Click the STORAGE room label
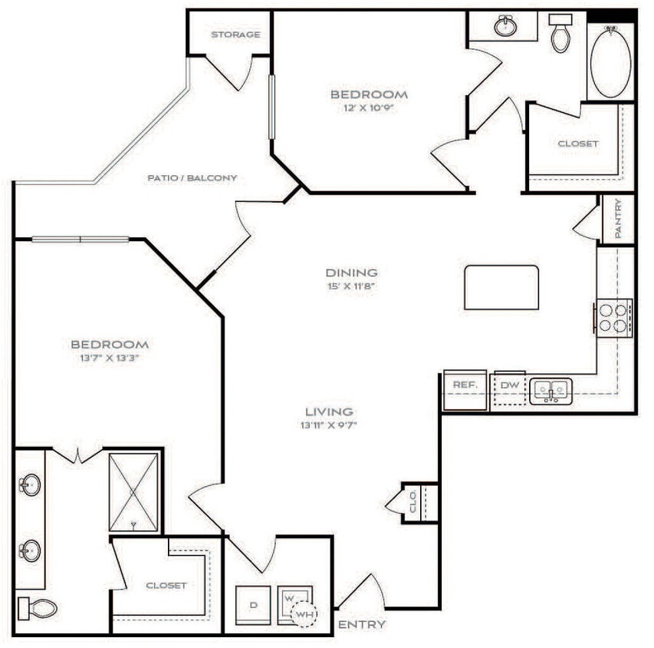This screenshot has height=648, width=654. point(235,35)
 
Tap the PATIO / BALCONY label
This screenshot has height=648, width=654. point(192,177)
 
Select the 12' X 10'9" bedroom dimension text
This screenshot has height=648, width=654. point(369,108)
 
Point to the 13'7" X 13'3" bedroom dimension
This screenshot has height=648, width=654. point(110,359)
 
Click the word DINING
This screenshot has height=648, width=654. point(352,273)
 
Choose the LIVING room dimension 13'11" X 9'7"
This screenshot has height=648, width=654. point(327,425)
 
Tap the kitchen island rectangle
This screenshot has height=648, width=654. point(501,287)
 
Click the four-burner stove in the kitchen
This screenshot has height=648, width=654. point(613,317)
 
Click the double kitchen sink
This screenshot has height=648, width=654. point(550,391)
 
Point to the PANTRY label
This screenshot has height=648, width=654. point(618,220)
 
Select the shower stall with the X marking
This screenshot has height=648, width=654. point(133,491)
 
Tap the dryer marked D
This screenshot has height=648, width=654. point(253,604)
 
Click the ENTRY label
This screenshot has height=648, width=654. point(361,624)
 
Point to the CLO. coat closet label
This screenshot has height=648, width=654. point(412,503)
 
